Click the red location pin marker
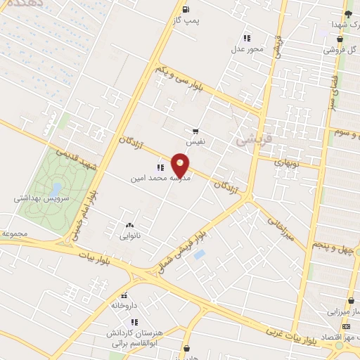point(181,165)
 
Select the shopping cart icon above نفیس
point(195,131)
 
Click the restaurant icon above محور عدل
point(246,38)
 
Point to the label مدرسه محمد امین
point(161,179)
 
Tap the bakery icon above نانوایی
point(129,225)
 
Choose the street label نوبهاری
point(285,162)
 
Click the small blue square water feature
point(200,254)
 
